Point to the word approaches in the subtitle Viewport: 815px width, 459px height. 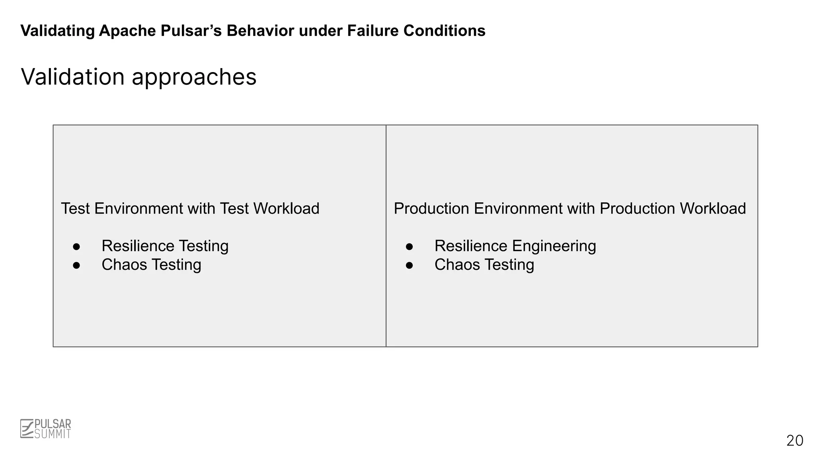pos(194,77)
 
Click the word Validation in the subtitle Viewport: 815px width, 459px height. pos(73,76)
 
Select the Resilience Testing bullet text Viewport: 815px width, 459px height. pos(165,246)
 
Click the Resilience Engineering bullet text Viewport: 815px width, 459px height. pos(515,246)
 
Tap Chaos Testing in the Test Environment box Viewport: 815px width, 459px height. pos(151,265)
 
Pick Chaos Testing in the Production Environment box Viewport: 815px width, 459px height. pos(484,265)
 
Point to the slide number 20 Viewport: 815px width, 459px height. pos(795,441)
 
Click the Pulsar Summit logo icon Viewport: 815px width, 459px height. pos(27,429)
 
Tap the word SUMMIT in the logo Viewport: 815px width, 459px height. pos(53,434)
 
